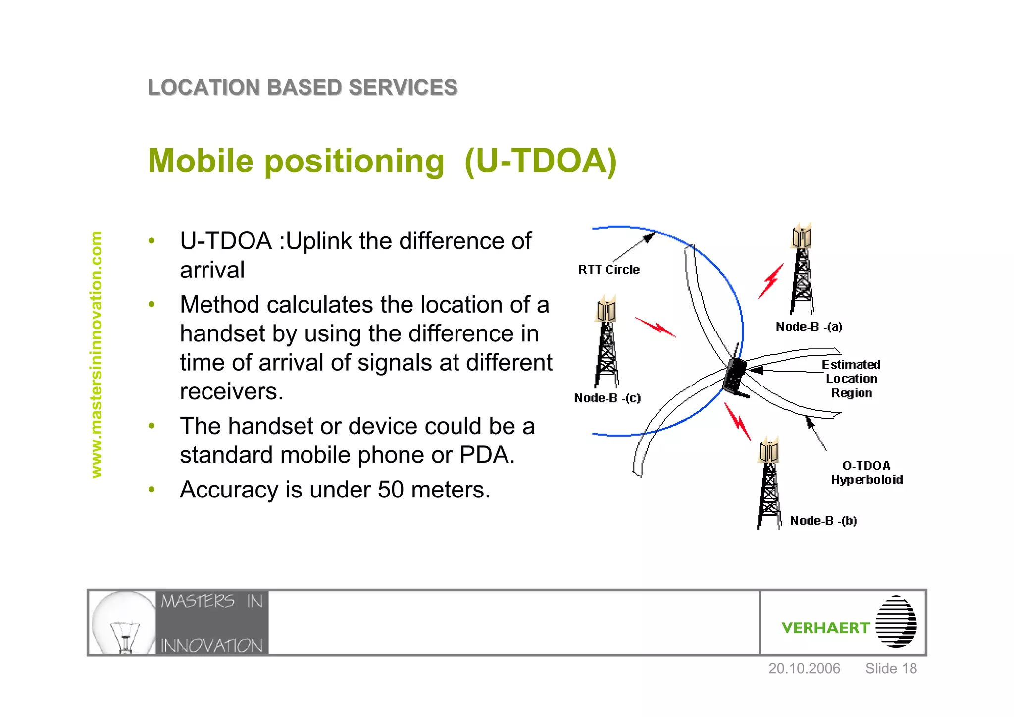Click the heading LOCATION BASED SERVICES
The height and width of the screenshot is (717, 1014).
pyautogui.click(x=303, y=88)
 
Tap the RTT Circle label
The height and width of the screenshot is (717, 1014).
pyautogui.click(x=608, y=270)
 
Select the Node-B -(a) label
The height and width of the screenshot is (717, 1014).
pyautogui.click(x=809, y=327)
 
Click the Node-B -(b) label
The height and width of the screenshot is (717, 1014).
pyautogui.click(x=823, y=521)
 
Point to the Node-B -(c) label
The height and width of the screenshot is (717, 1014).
pyautogui.click(x=607, y=398)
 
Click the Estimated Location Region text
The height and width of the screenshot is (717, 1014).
pyautogui.click(x=851, y=379)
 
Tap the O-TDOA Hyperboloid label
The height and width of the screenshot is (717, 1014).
pyautogui.click(x=866, y=473)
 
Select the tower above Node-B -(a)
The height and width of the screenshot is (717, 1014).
pyautogui.click(x=802, y=270)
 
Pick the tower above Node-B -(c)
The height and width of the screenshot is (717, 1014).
pyautogui.click(x=606, y=342)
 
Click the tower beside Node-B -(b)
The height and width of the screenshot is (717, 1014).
pyautogui.click(x=769, y=483)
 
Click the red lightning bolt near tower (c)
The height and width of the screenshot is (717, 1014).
pyautogui.click(x=656, y=327)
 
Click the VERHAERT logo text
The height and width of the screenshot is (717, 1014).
pyautogui.click(x=825, y=628)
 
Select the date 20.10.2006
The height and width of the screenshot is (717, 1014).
pyautogui.click(x=804, y=669)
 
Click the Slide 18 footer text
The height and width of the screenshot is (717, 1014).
pyautogui.click(x=891, y=669)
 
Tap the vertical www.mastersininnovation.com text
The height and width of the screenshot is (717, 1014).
pyautogui.click(x=97, y=355)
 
